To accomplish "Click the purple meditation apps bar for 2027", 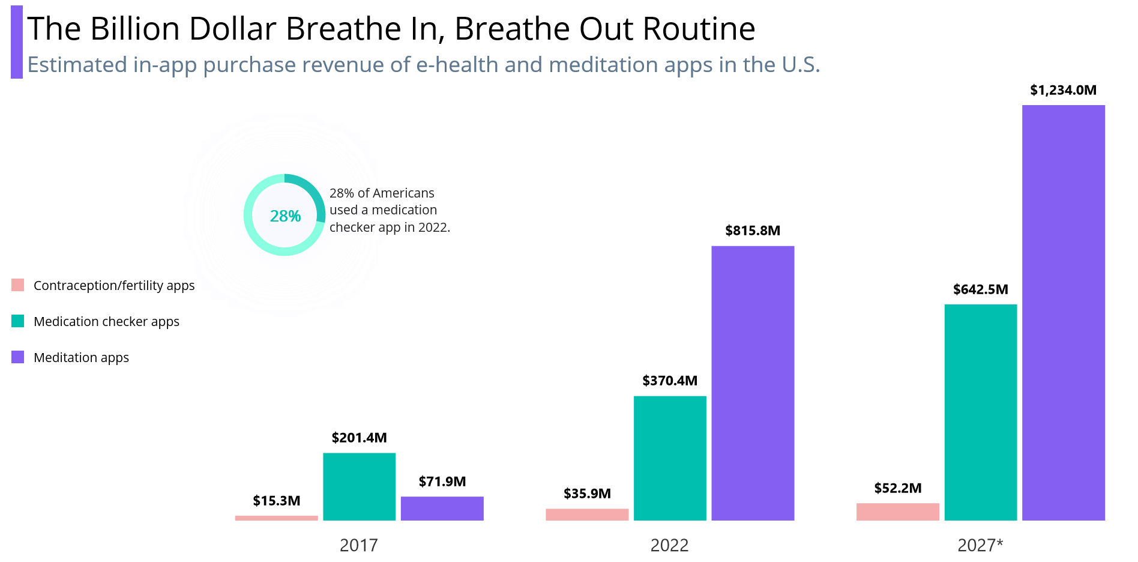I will coord(1063,312).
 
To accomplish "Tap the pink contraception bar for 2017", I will coord(276,518).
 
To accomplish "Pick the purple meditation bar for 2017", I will coord(442,508).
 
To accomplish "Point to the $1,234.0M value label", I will coord(1063,90).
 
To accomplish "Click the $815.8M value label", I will coord(752,231).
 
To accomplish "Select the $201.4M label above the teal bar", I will coord(359,438).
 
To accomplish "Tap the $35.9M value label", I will coord(587,494).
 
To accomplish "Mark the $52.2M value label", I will coord(897,488).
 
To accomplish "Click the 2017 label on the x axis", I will coord(358,545).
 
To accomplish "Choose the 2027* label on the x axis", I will coord(980,545).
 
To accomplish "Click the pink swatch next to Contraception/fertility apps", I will coord(18,285).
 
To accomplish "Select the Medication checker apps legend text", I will coord(106,322).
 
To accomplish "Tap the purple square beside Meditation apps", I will coord(18,357).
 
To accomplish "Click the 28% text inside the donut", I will coord(285,216).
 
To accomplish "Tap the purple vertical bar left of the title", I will coord(17,42).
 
